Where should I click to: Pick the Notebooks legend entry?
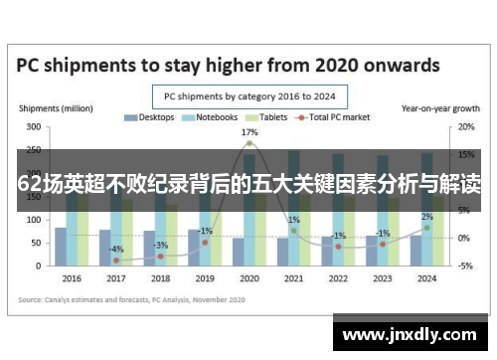pyautogui.click(x=211, y=117)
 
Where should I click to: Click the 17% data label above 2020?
pyautogui.click(x=249, y=132)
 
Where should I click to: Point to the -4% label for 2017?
pyautogui.click(x=116, y=249)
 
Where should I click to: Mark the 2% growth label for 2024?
pyautogui.click(x=427, y=217)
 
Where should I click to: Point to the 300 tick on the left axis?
pyautogui.click(x=33, y=127)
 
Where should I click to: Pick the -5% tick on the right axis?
pyautogui.click(x=464, y=266)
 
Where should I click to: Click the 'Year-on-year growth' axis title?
pyautogui.click(x=438, y=107)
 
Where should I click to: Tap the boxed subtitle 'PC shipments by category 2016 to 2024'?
pyautogui.click(x=248, y=96)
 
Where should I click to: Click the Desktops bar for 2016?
pyautogui.click(x=61, y=247)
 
